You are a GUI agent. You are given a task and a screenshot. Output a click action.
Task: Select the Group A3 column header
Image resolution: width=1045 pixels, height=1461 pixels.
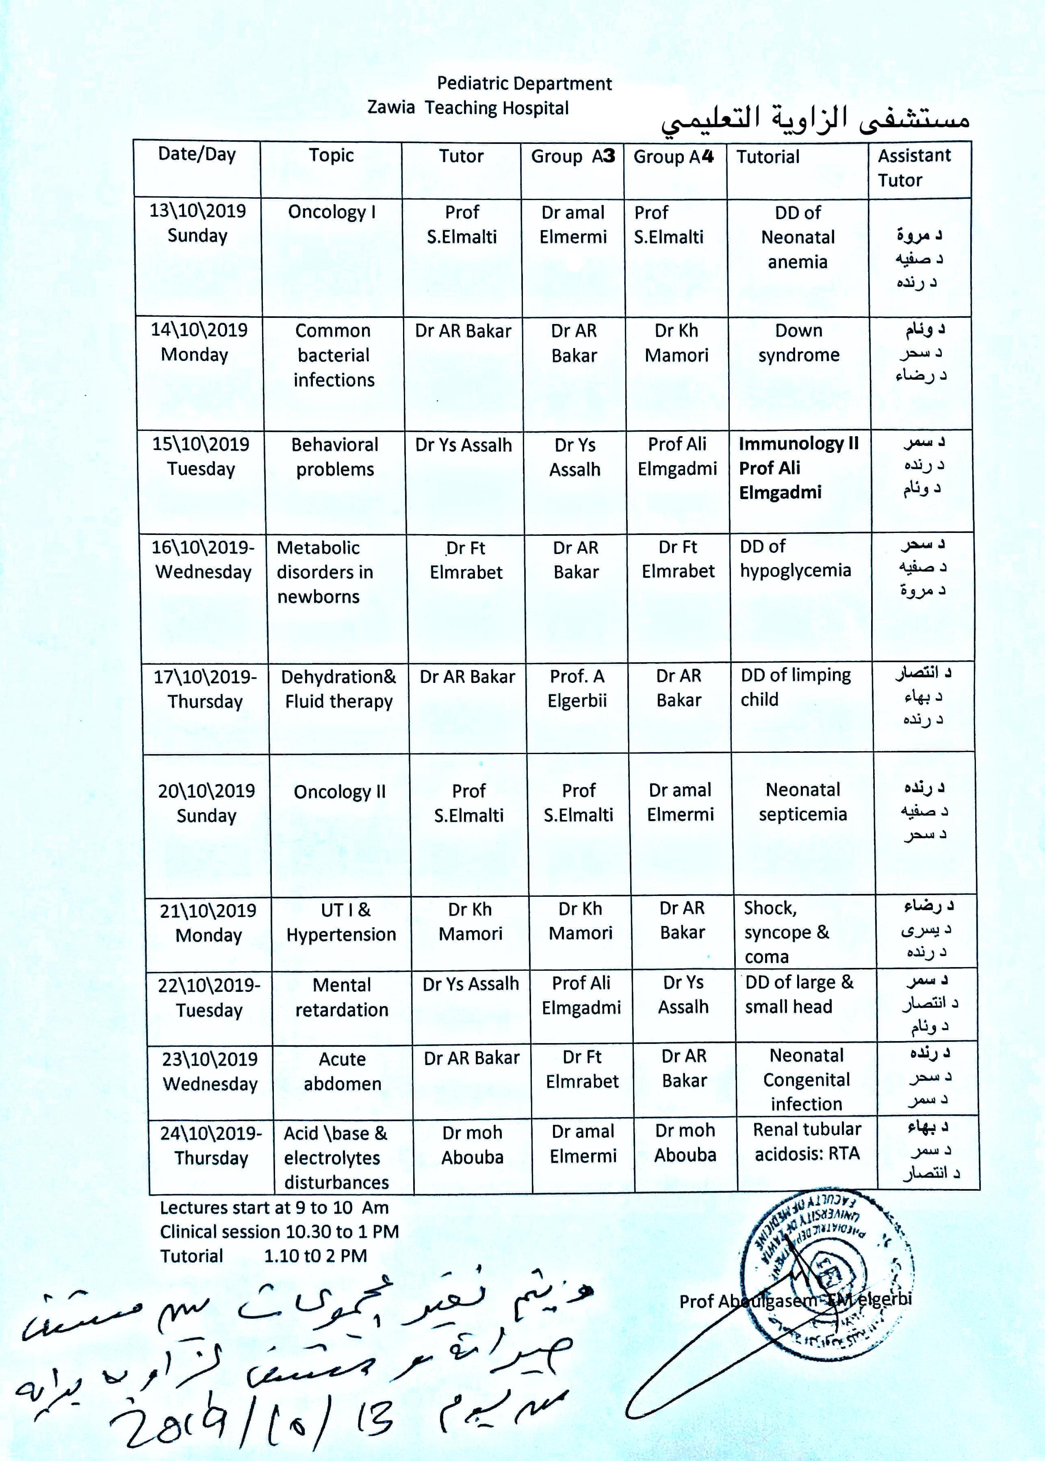click(573, 157)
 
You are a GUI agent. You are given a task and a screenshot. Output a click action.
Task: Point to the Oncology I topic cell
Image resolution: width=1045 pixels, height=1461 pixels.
click(332, 212)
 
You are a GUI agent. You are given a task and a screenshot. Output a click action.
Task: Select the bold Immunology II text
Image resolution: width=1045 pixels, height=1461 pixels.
click(798, 444)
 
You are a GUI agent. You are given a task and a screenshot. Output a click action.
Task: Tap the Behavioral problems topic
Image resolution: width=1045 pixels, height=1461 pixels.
click(335, 457)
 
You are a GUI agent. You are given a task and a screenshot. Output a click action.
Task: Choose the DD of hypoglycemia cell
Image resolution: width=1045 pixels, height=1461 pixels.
click(796, 559)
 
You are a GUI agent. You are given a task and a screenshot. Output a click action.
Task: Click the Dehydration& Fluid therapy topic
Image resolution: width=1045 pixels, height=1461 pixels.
click(338, 689)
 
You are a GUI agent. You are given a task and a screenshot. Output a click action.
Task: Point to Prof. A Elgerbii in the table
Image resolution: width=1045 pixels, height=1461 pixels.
click(577, 688)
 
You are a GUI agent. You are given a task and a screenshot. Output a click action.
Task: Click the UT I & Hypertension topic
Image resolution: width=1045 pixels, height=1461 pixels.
click(341, 922)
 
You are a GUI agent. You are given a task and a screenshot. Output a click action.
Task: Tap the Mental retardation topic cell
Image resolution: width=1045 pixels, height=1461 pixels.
click(342, 997)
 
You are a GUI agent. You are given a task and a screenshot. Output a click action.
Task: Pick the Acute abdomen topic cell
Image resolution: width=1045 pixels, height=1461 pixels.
click(343, 1071)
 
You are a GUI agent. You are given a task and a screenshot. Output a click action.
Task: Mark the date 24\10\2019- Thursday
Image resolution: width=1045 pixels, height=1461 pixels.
click(211, 1146)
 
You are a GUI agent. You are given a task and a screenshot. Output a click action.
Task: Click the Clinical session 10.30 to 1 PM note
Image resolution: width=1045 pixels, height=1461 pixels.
click(279, 1232)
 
